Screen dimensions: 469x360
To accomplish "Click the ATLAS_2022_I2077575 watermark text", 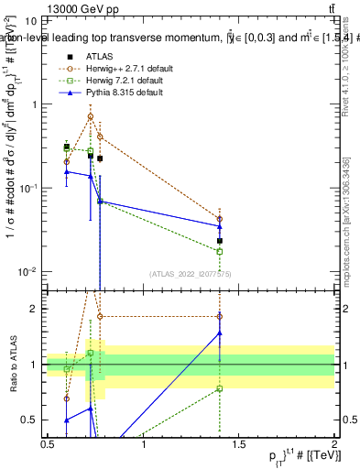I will [x=191, y=273].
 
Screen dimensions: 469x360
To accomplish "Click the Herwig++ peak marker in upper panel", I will [x=90, y=116].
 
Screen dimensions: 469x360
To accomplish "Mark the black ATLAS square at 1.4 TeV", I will [x=220, y=241].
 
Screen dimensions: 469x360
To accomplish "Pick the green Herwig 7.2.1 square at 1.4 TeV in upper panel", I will [x=220, y=251].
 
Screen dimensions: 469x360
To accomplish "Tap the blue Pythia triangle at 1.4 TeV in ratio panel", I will [x=220, y=333].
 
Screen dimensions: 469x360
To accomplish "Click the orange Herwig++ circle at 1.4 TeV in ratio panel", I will [x=220, y=316].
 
